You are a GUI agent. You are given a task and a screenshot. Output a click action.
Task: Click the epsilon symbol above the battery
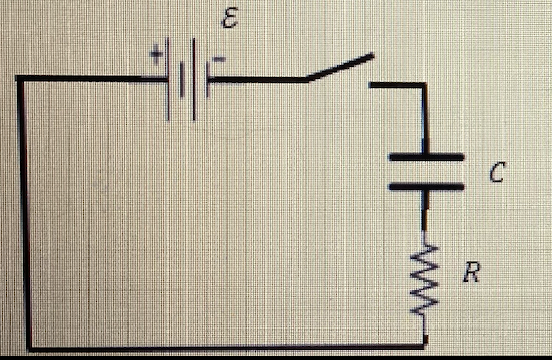[x=227, y=23]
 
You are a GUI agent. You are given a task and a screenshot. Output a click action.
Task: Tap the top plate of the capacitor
[x=425, y=156]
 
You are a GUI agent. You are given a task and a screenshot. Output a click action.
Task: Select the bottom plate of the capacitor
[x=425, y=188]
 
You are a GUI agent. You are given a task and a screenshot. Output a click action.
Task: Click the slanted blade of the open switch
[x=337, y=69]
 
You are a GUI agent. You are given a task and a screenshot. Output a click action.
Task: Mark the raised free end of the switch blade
[x=369, y=57]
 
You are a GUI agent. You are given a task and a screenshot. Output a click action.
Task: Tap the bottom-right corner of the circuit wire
[x=424, y=345]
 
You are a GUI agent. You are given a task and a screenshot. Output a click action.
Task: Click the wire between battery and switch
[x=257, y=81]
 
